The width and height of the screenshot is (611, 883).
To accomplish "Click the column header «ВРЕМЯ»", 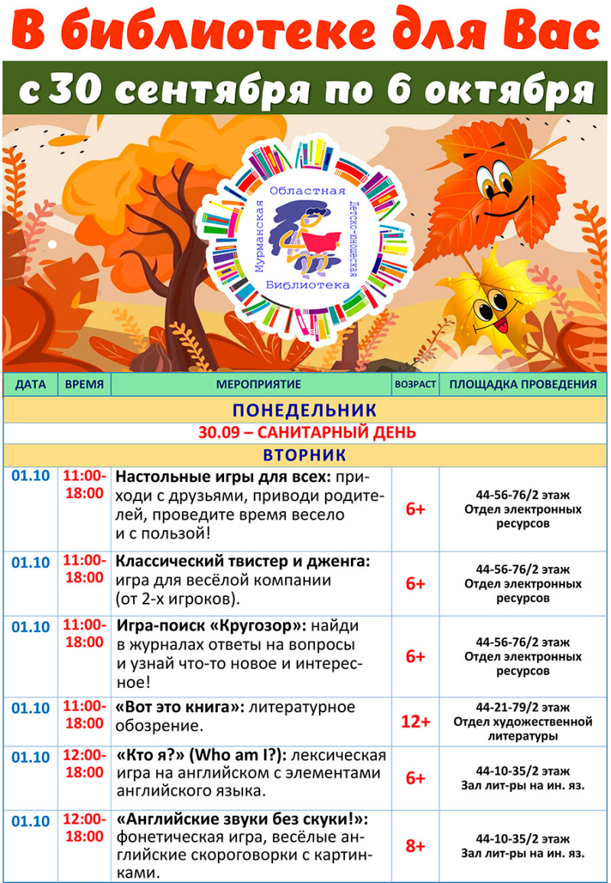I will point(84,384).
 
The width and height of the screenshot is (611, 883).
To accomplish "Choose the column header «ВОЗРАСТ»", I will point(415,384).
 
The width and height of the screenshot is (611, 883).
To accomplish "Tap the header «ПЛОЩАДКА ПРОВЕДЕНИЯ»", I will point(522,384).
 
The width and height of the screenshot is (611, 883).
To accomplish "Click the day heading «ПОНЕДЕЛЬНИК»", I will point(304,410).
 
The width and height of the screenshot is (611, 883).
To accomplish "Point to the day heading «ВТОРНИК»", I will point(304,455).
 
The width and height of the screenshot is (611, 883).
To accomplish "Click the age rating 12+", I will point(415,721).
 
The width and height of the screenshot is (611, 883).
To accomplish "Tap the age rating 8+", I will point(415,846).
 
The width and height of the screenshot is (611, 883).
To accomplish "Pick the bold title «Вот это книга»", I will point(177,707).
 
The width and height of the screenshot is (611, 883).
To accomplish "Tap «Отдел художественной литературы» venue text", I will point(522,728).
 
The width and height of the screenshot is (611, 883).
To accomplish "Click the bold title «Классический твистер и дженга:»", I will point(242,561).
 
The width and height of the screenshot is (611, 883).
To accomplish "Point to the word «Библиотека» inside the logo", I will point(305,284).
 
